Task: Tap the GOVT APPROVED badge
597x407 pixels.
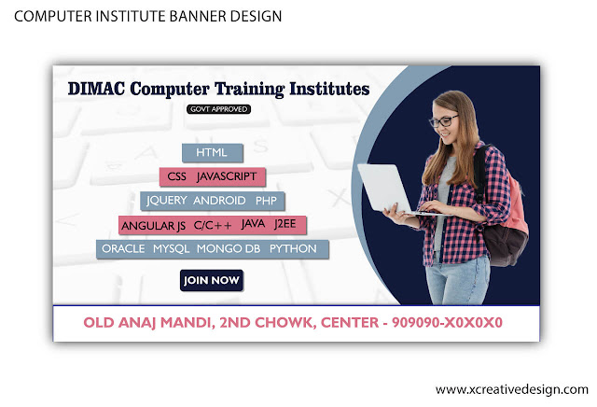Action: pos(218,109)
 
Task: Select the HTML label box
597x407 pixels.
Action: pos(212,152)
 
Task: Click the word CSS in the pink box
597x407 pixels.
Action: pos(177,176)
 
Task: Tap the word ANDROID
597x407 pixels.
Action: pos(219,201)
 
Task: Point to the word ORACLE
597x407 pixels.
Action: pos(123,249)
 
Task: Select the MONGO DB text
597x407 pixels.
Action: pos(229,249)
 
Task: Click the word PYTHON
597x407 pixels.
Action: pos(293,249)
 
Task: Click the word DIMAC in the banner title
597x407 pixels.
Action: pos(101,90)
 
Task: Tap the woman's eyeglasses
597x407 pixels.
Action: pos(443,120)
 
